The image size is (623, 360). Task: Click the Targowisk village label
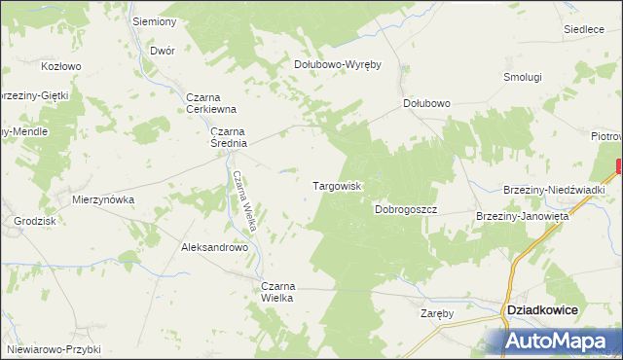coord(337,185)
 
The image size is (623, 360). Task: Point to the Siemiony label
coord(155,21)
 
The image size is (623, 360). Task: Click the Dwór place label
coord(163,50)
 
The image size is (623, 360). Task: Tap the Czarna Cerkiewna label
coord(212,103)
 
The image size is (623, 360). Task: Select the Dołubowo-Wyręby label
coord(337,65)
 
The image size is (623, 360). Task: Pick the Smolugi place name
coord(522,76)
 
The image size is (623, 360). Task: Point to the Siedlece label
coord(584,29)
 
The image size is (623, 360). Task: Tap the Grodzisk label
coord(34,221)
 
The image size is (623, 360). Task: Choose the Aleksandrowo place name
coord(215,247)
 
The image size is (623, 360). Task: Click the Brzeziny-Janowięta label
coord(522,216)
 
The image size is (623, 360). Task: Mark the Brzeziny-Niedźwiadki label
coord(556,190)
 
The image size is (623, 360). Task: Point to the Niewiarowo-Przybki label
coord(53,348)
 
